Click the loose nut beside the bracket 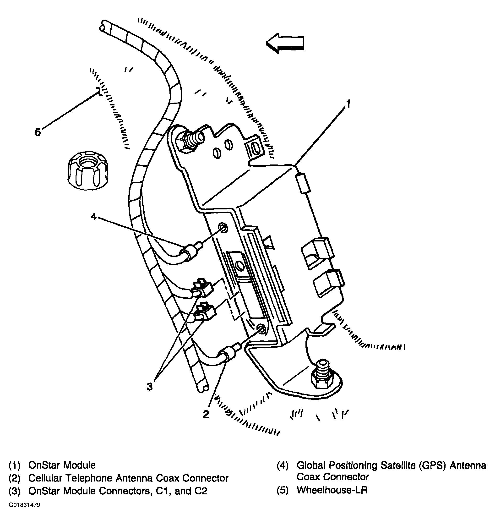(88, 170)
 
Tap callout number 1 (348, 104)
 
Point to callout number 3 (149, 387)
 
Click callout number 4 (94, 217)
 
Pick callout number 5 (38, 132)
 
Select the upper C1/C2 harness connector (203, 288)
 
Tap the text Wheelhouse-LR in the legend (332, 490)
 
